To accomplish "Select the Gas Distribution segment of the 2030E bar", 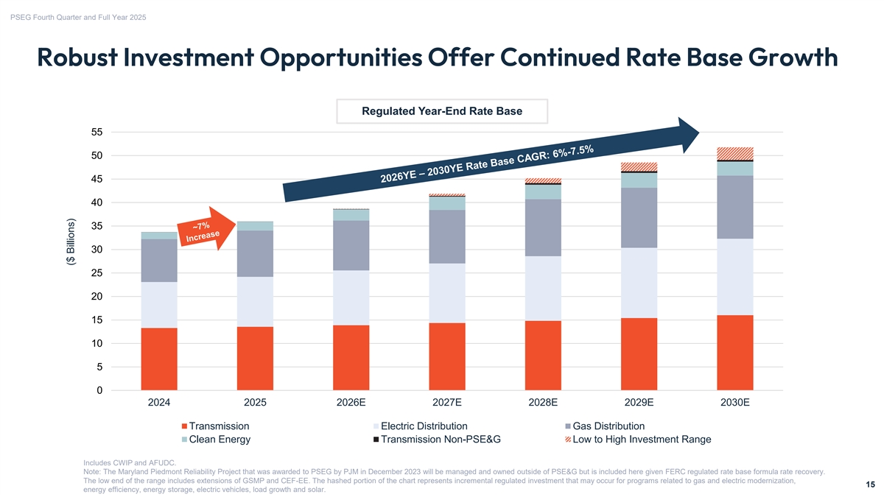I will pyautogui.click(x=734, y=207).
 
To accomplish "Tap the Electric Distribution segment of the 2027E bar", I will pyautogui.click(x=447, y=292).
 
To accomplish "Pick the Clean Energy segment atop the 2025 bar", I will pyautogui.click(x=255, y=225).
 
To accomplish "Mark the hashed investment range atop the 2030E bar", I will pyautogui.click(x=734, y=153).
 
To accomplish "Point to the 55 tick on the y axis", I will pyautogui.click(x=97, y=133).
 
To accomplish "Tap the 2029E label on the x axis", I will pyautogui.click(x=639, y=403).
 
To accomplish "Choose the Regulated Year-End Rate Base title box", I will pyautogui.click(x=441, y=112).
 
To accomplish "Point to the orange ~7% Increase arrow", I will pyautogui.click(x=200, y=230).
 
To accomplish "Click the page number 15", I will pyautogui.click(x=869, y=484).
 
